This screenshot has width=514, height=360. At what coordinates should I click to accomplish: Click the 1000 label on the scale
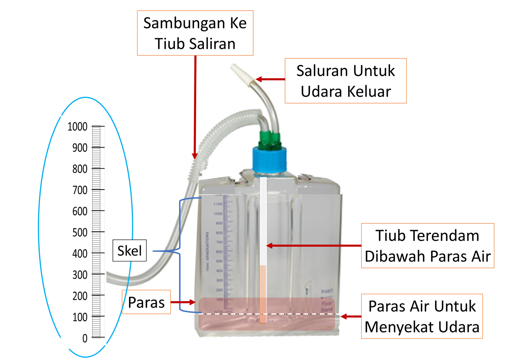tap(77, 127)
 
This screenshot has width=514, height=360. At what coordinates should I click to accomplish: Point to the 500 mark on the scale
tap(80, 232)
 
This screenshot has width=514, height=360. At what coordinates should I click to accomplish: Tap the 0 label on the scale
tap(85, 338)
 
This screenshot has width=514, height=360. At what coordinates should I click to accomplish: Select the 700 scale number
tap(80, 190)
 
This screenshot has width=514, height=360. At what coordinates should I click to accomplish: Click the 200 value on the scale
tap(80, 296)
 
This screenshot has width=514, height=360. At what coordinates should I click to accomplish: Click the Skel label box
tap(129, 251)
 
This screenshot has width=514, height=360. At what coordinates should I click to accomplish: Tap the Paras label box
tap(146, 302)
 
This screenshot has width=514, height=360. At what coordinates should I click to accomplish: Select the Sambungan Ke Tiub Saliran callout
tap(195, 33)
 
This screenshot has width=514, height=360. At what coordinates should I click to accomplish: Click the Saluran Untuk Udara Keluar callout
tap(345, 81)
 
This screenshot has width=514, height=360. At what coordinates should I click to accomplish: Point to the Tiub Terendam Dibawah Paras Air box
tap(428, 246)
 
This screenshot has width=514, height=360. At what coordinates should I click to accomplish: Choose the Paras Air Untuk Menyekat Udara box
tap(422, 316)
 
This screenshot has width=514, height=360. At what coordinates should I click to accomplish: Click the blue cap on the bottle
tap(269, 159)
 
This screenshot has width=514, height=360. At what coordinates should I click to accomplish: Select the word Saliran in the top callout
tap(212, 44)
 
